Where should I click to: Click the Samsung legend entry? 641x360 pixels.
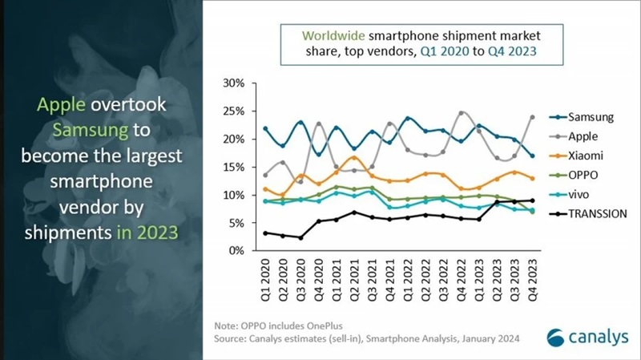tap(589, 117)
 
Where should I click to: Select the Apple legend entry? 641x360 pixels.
tap(583, 137)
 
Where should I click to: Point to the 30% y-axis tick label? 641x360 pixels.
tap(234, 83)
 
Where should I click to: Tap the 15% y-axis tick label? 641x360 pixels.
tap(234, 168)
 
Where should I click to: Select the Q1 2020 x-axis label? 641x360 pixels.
tap(265, 277)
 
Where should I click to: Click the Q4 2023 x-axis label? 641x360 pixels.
tap(531, 277)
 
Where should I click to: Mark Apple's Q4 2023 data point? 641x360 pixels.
tap(531, 117)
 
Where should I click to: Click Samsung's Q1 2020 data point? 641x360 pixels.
tap(265, 128)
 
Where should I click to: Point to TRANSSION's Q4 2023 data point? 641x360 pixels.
tap(531, 200)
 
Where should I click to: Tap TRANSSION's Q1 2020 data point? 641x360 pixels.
tap(265, 233)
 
